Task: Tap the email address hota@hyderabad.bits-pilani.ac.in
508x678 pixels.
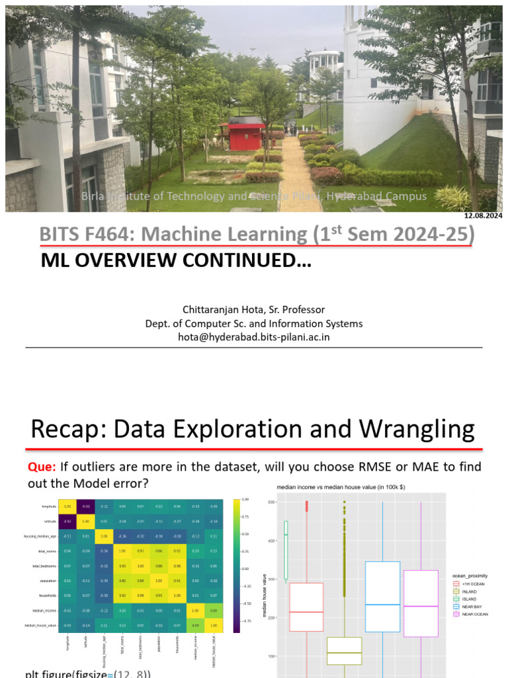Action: click(254, 336)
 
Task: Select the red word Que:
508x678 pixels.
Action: click(41, 467)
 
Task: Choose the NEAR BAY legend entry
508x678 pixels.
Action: click(474, 607)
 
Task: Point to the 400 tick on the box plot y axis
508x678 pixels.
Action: click(271, 541)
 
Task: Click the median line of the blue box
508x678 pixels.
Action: click(382, 605)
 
